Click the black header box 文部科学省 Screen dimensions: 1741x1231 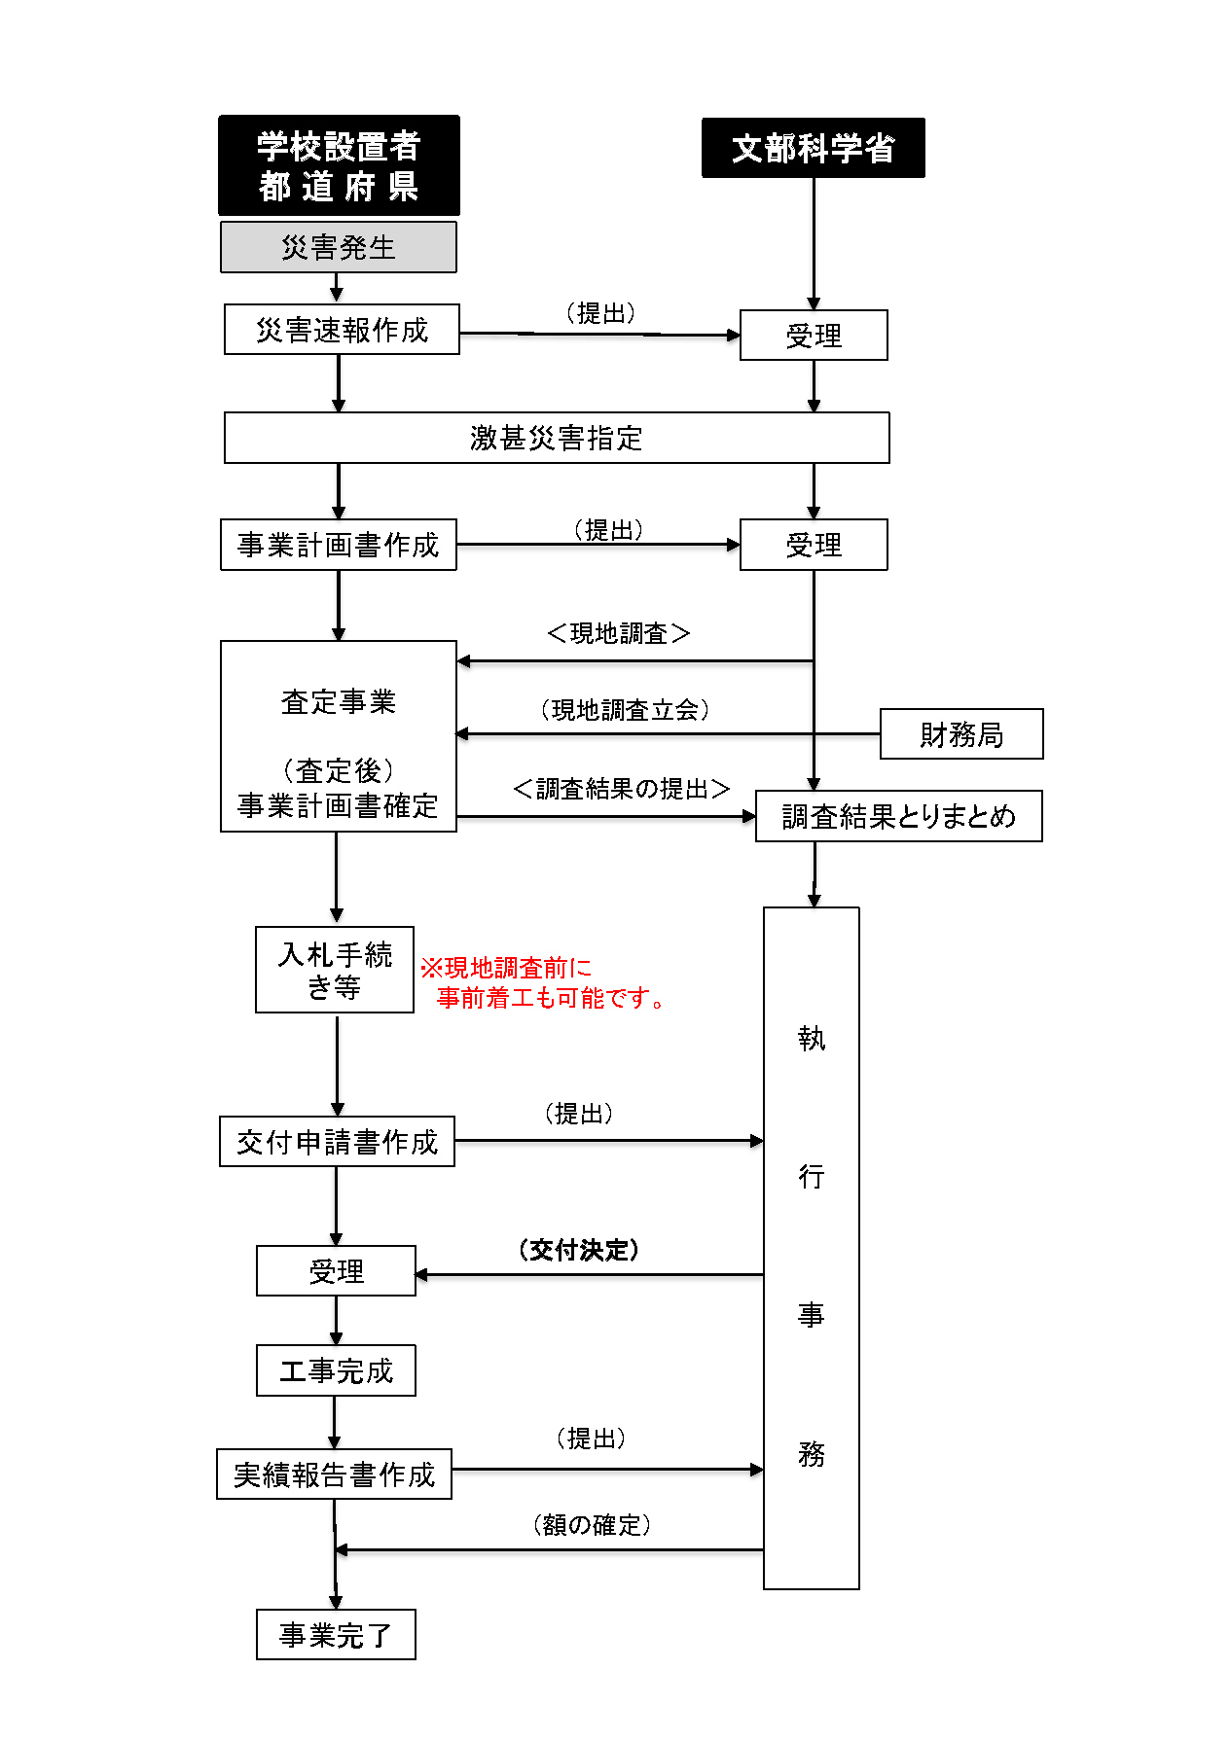tap(813, 148)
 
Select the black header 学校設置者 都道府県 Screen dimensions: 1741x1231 tap(339, 165)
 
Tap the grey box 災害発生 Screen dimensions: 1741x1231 tap(338, 247)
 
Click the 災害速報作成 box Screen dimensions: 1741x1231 tap(342, 330)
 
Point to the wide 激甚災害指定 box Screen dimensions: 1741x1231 tap(556, 438)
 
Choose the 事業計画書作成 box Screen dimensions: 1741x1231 tap(338, 545)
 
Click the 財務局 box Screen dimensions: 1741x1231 tap(960, 734)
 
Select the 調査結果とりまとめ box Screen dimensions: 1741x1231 tap(898, 816)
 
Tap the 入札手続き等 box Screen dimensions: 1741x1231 tap(335, 970)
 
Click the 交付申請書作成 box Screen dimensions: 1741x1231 tap(337, 1142)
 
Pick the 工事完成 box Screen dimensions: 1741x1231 tap(336, 1370)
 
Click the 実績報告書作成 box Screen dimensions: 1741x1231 tap(334, 1475)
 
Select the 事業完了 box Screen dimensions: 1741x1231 tap(336, 1635)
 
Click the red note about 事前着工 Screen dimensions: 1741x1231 tap(544, 982)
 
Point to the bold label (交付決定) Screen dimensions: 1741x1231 tap(579, 1250)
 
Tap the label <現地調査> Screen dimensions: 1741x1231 tap(618, 633)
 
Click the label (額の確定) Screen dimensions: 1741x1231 tap(592, 1524)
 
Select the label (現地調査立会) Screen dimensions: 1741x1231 tap(625, 710)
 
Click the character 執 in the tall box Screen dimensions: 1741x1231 tap(811, 1039)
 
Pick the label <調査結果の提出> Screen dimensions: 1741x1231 tap(621, 789)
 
